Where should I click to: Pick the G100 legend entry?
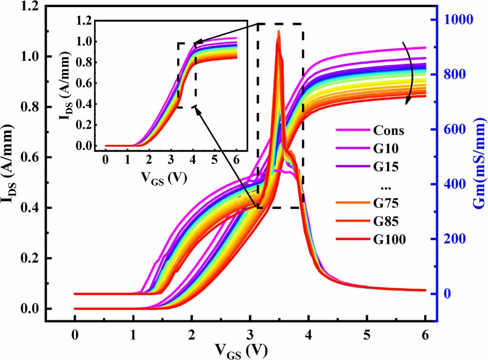[x=389, y=240]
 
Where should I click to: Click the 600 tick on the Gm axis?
[x=454, y=130]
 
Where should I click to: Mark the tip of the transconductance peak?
[x=279, y=31]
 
